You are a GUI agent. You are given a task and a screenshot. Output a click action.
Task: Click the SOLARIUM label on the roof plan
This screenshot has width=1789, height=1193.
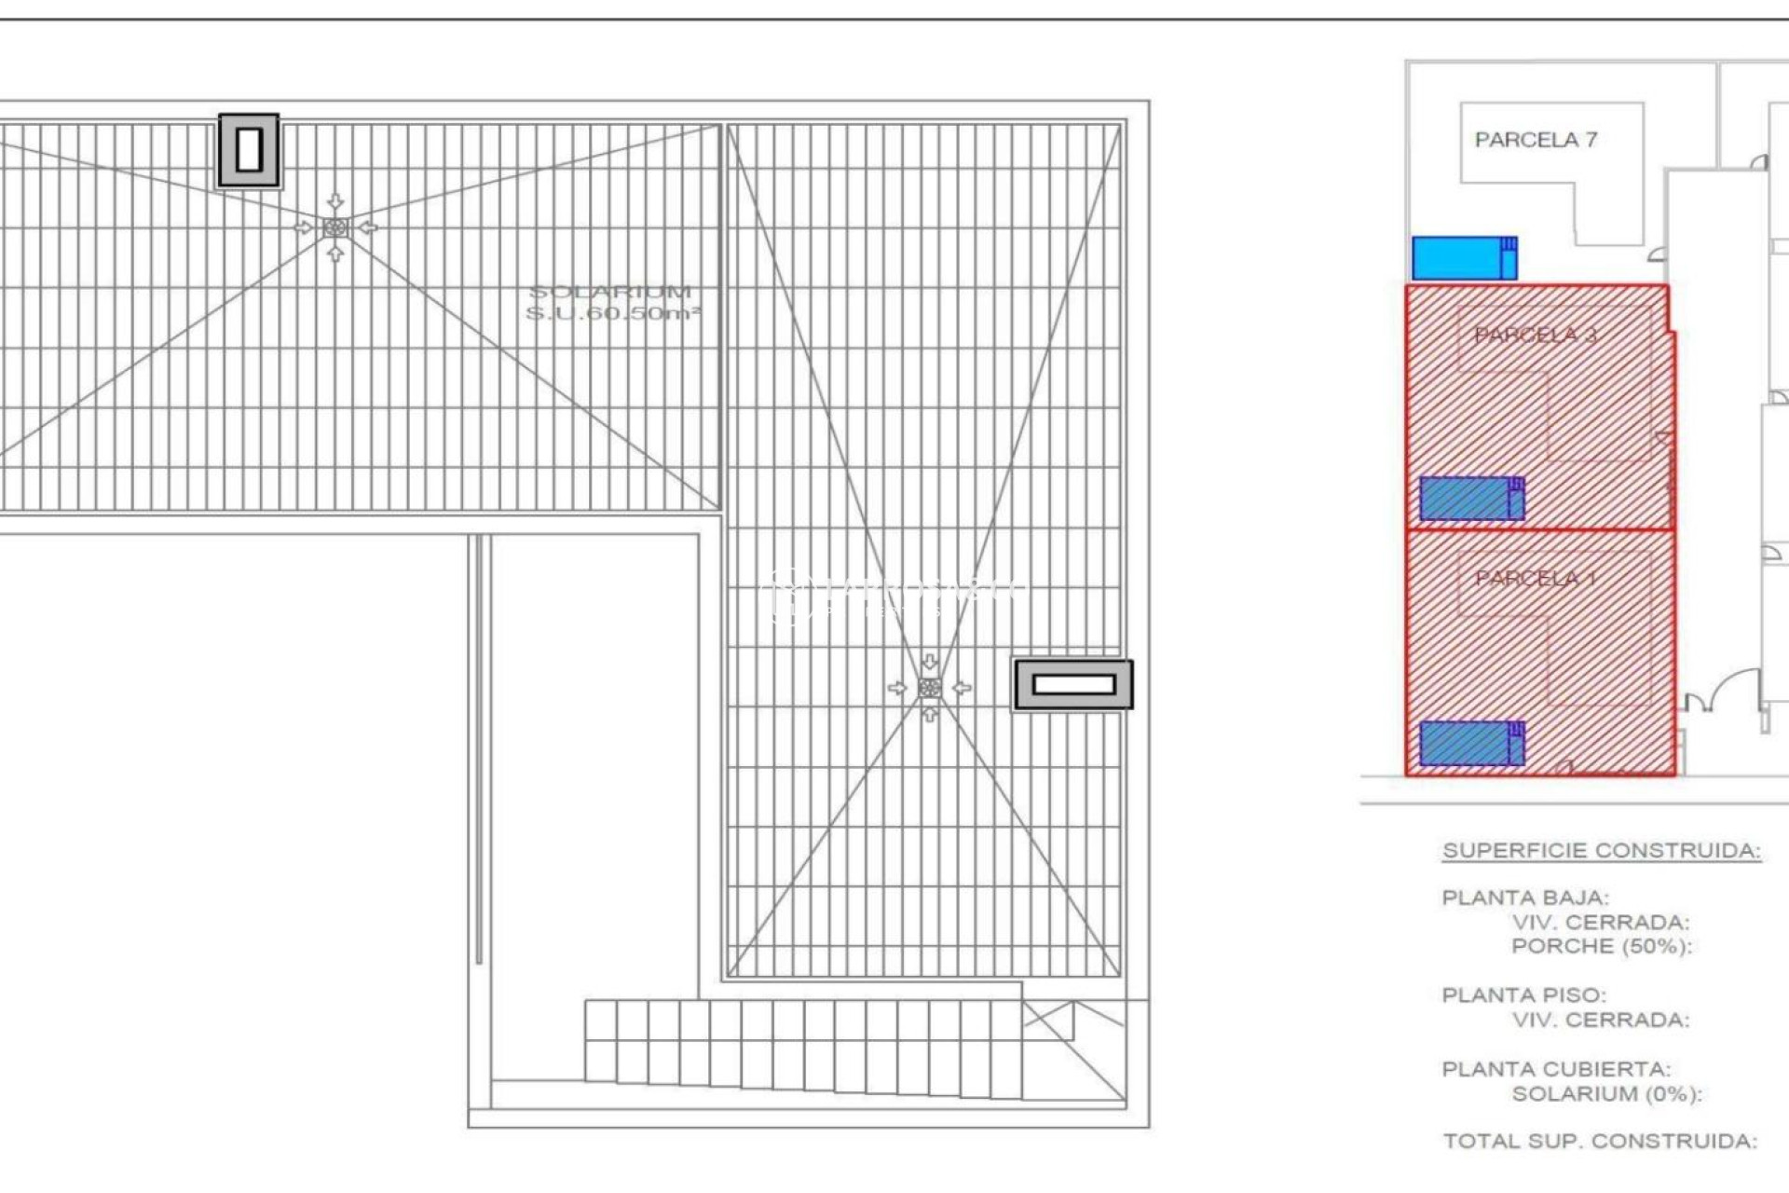610,292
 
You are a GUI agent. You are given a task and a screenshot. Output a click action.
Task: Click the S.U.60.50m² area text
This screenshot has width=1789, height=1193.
612,313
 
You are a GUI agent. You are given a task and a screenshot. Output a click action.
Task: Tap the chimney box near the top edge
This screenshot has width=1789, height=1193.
249,150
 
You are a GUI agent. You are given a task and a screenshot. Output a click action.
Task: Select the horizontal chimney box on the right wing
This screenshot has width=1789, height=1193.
1073,685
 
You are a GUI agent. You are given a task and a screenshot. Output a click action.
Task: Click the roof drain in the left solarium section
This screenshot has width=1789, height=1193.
335,227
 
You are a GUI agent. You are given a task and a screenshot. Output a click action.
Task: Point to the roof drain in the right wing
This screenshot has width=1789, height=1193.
929,688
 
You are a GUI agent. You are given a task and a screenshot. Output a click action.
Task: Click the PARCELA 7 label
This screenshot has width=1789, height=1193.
1536,140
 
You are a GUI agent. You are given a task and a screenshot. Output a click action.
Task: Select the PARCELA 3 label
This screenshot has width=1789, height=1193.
1536,335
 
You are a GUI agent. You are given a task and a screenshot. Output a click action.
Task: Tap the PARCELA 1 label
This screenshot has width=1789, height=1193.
1536,579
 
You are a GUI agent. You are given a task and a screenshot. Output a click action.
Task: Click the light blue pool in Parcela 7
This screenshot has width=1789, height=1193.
1464,258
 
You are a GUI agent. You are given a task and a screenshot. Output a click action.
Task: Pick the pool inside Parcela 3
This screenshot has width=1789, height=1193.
1471,499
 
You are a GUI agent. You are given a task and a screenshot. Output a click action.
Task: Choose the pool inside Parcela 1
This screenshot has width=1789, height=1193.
1471,744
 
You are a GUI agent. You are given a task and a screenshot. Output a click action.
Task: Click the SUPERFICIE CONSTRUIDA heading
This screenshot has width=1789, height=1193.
1602,850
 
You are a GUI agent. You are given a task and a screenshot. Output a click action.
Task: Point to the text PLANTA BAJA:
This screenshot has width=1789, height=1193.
1525,898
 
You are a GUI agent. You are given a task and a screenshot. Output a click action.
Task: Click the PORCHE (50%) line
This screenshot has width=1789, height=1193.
1602,946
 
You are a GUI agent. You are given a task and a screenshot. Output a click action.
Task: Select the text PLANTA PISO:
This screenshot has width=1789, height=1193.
1524,995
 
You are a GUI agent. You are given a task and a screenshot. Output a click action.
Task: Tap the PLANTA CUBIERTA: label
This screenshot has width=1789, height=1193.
1556,1069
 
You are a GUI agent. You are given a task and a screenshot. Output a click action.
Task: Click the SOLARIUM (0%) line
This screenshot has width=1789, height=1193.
1606,1093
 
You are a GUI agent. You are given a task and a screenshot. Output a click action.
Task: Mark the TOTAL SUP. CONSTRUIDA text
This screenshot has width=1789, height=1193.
1600,1141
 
